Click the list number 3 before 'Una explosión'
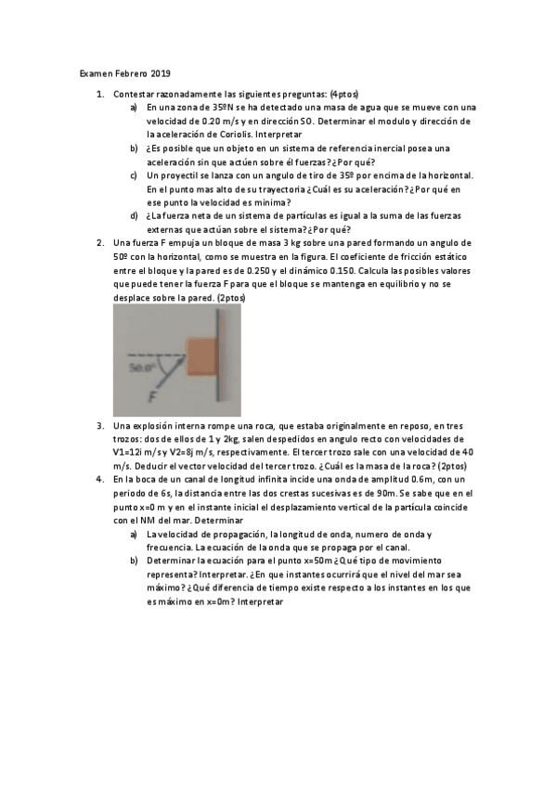point(100,425)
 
